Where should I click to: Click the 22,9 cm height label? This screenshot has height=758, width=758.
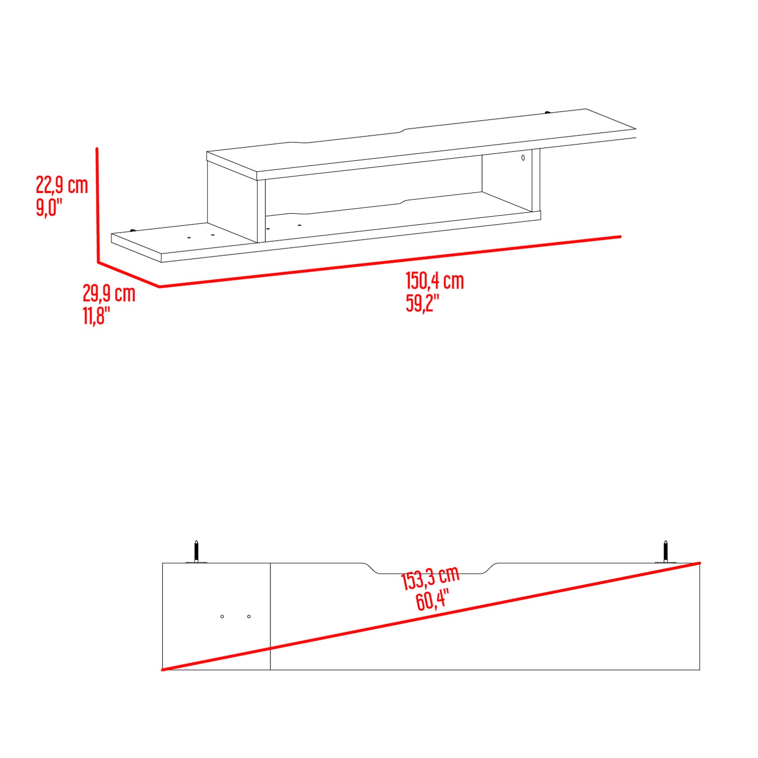tap(62, 185)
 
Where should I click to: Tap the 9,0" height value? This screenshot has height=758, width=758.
tap(49, 207)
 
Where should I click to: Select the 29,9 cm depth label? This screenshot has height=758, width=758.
tap(109, 293)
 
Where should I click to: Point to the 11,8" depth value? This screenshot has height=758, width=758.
tap(96, 315)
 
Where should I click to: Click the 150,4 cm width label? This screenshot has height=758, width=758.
tap(435, 281)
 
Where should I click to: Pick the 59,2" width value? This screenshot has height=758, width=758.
tap(422, 303)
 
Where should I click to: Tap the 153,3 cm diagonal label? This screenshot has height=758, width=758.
tap(430, 578)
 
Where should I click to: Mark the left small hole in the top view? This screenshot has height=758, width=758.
tap(222, 617)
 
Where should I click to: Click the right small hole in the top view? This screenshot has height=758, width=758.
tap(249, 617)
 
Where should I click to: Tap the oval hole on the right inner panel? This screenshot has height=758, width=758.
tap(523, 158)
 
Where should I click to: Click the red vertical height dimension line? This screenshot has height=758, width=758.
tap(97, 205)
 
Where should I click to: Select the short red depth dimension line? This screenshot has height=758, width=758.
tap(128, 274)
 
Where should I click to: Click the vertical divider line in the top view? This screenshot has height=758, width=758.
tap(270, 617)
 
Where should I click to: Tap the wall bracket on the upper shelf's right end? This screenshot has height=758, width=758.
tap(547, 112)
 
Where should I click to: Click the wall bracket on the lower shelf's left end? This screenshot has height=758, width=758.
tap(133, 230)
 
